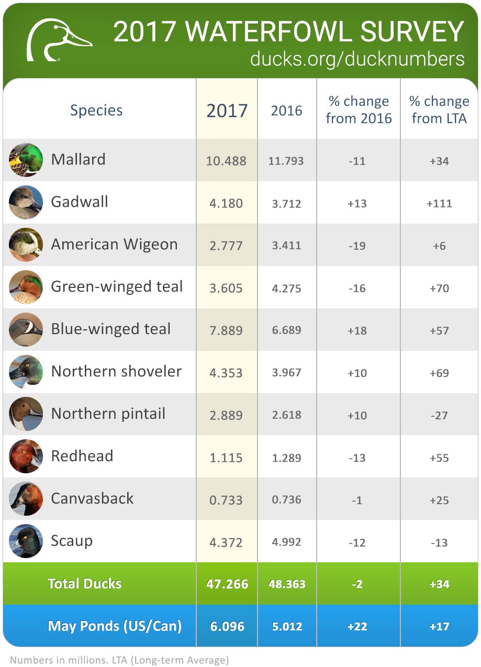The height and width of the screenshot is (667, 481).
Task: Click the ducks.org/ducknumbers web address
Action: tap(357, 59)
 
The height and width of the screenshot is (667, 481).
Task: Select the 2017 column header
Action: tap(227, 110)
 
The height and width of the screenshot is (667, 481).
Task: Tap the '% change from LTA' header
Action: tap(439, 109)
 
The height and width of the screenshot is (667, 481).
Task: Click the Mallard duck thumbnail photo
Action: tap(26, 160)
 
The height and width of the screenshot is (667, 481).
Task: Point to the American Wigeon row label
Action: tap(114, 244)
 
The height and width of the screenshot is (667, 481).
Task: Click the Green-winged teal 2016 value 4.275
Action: tap(286, 288)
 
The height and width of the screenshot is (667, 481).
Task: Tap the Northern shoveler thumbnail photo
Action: tap(26, 372)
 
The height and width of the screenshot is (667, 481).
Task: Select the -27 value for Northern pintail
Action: tap(439, 415)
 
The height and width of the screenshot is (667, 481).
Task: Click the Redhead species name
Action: tap(82, 456)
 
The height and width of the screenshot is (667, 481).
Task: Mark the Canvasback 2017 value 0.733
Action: tap(226, 500)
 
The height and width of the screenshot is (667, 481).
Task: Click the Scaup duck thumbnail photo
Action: tap(26, 541)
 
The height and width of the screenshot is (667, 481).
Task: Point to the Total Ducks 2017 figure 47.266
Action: tap(227, 584)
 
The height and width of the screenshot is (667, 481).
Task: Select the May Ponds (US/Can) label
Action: tap(114, 626)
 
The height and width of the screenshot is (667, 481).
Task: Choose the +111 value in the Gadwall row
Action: tap(439, 203)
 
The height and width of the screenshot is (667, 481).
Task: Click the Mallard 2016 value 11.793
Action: tap(286, 161)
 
